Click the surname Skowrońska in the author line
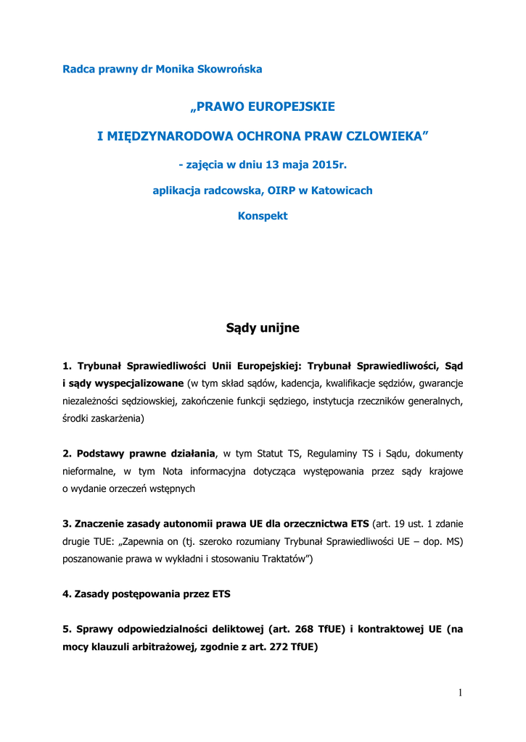pos(224,70)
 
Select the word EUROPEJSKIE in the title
pos(292,107)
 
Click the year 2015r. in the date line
pos(326,164)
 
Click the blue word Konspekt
pos(263,216)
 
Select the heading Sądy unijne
pos(263,328)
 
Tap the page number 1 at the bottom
pos(460,693)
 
